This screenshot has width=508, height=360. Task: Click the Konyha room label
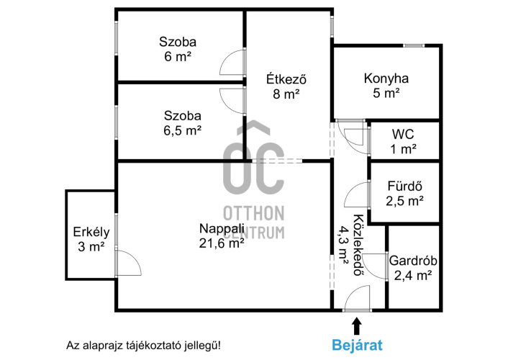[x=386, y=78]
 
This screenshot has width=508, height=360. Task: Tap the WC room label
[x=403, y=134]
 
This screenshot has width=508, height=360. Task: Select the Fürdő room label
[x=405, y=186]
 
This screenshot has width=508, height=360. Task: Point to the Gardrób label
[x=413, y=261]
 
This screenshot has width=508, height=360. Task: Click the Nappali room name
[x=222, y=229]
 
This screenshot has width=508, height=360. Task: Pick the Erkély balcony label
[x=91, y=233]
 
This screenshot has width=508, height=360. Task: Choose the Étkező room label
[x=286, y=79]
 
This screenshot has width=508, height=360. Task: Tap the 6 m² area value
[x=178, y=57]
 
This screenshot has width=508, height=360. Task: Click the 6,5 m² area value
[x=182, y=131]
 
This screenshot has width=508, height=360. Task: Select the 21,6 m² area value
[x=222, y=243]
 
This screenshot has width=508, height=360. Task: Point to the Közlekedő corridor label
[x=358, y=245]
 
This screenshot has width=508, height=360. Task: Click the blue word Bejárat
[x=357, y=345]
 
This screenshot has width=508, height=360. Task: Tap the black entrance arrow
[x=357, y=325]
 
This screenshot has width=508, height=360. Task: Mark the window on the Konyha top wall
[x=414, y=46]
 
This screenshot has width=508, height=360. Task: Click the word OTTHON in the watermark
[x=254, y=213]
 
